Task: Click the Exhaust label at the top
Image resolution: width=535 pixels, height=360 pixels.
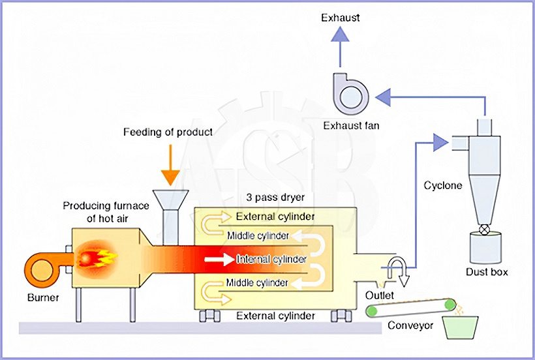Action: (340, 18)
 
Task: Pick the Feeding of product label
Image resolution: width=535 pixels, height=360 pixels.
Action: (168, 132)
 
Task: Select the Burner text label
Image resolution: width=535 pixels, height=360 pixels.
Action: (43, 298)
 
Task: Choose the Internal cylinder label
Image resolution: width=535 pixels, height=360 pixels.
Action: (271, 260)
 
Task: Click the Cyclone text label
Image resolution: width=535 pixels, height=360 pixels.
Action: (443, 185)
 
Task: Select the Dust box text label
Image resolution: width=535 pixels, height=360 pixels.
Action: (487, 272)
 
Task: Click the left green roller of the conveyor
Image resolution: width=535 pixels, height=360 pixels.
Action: (371, 312)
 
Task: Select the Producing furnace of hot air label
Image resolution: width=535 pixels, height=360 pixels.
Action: (106, 211)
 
